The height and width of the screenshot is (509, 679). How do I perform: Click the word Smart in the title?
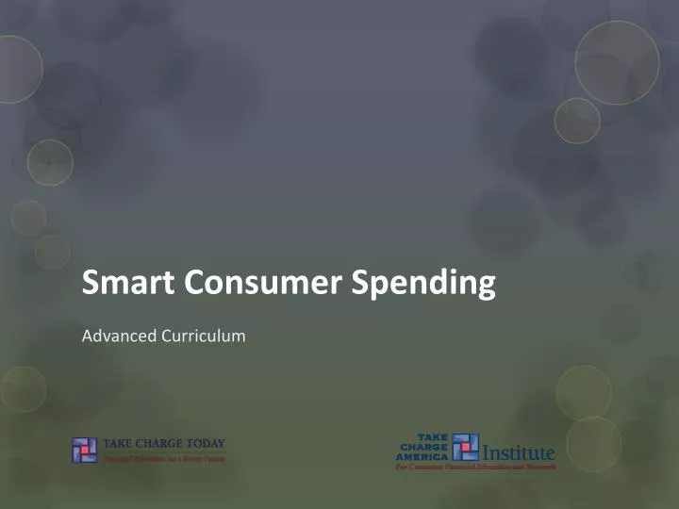(x=119, y=283)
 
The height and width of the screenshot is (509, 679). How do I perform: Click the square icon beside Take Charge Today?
(x=85, y=450)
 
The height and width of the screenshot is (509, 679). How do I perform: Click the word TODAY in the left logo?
(x=202, y=443)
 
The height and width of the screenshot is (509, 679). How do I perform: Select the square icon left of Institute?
(x=465, y=447)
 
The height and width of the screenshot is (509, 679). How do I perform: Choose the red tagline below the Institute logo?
(x=475, y=467)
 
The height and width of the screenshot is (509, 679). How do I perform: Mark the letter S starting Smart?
(x=91, y=283)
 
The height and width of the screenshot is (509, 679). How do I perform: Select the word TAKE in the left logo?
(x=120, y=443)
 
